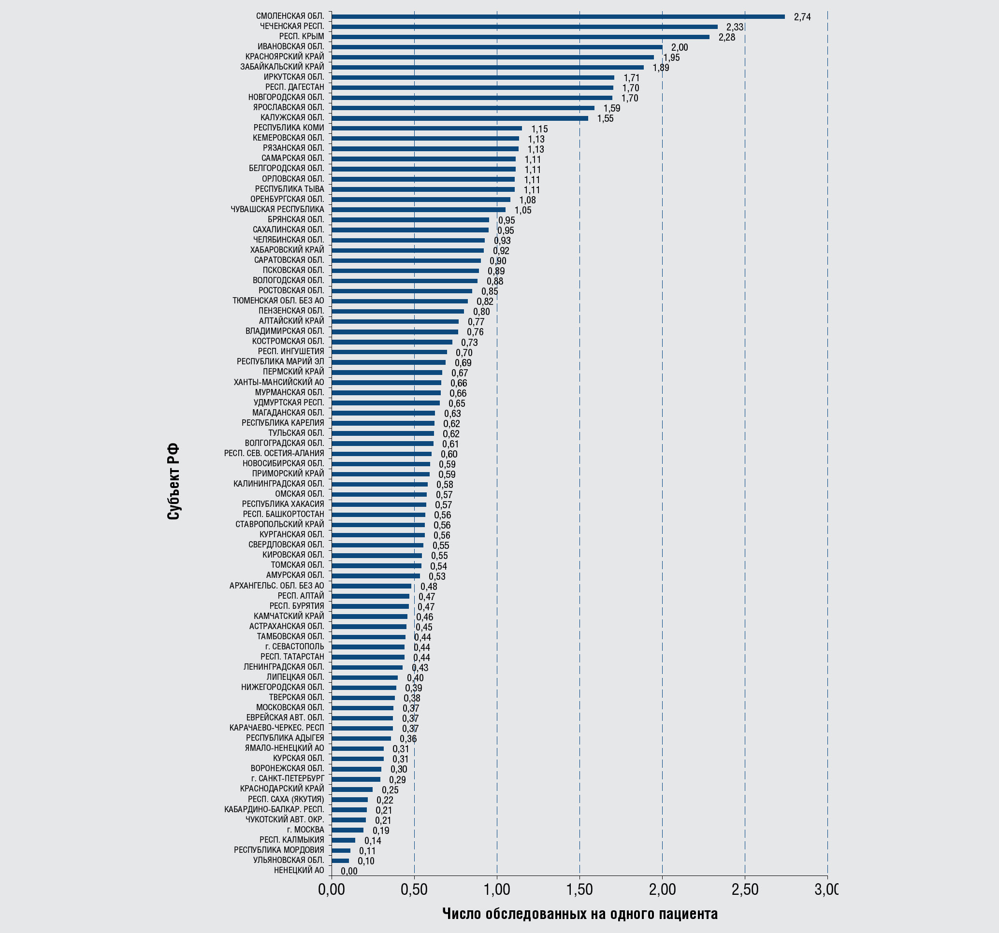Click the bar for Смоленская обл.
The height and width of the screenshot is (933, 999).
[558, 16]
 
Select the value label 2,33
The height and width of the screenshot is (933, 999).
[734, 27]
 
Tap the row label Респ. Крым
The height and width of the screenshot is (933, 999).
[302, 37]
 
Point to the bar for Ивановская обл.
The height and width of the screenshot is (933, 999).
[496, 47]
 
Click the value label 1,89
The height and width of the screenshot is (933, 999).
[661, 68]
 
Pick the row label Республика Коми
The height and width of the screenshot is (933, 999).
[289, 128]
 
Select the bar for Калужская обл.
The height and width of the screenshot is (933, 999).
[459, 118]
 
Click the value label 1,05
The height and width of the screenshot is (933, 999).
[522, 210]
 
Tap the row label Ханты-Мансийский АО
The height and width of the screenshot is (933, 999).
[278, 382]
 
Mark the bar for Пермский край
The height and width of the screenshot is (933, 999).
[387, 373]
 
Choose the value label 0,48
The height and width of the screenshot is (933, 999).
[429, 587]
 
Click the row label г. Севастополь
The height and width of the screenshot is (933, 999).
[294, 646]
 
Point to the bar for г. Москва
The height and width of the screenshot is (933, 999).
[347, 830]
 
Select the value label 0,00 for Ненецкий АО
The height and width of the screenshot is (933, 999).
[349, 871]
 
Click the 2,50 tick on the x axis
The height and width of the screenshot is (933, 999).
[744, 890]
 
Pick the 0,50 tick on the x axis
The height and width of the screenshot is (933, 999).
[414, 890]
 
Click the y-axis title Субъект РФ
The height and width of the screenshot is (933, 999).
[173, 481]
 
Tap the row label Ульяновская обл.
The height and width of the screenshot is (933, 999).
[289, 860]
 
